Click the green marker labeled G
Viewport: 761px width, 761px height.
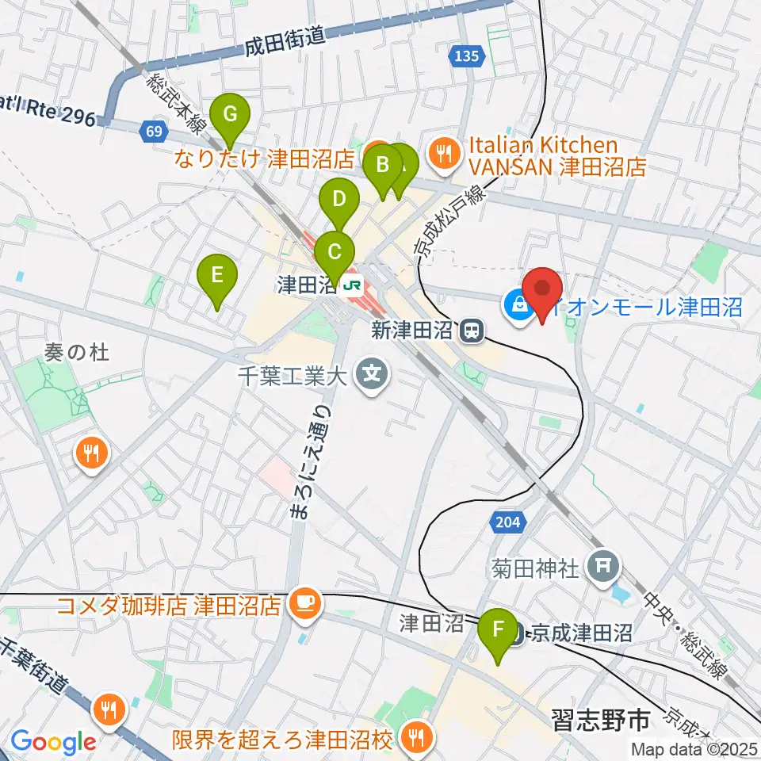pyautogui.click(x=230, y=114)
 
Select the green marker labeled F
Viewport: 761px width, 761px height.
pyautogui.click(x=498, y=629)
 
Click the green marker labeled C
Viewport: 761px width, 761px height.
pyautogui.click(x=335, y=253)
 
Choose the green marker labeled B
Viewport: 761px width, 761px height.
pyautogui.click(x=382, y=166)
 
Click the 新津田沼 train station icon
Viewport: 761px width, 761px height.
pyautogui.click(x=472, y=331)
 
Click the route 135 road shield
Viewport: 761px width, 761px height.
pyautogui.click(x=467, y=55)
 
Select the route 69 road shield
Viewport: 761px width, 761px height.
pyautogui.click(x=154, y=130)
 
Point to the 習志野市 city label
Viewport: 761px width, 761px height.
pyautogui.click(x=600, y=720)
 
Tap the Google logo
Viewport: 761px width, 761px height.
pyautogui.click(x=53, y=741)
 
